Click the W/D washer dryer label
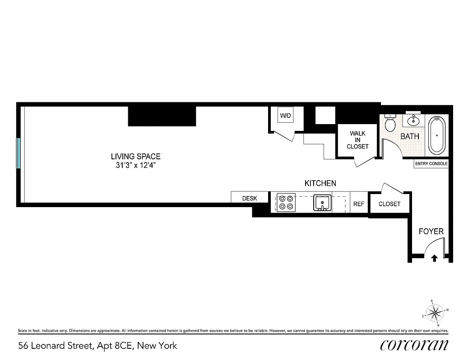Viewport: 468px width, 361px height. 285,116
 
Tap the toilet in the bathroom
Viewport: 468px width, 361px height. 391,123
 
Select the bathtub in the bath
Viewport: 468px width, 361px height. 436,135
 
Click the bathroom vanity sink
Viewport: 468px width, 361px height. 413,120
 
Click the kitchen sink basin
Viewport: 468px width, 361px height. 322,203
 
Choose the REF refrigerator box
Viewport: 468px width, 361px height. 359,204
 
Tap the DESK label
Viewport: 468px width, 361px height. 250,198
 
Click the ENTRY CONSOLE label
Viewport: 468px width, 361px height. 431,164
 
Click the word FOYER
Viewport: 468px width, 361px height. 431,231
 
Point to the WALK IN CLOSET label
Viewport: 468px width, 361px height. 357,140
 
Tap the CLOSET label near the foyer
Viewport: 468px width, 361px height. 389,204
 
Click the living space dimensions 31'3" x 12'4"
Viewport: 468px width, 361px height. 136,165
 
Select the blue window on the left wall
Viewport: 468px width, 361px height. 19,153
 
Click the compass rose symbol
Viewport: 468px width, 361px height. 436,312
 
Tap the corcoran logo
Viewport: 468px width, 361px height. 414,345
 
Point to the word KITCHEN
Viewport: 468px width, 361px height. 320,183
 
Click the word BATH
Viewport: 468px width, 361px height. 410,136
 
